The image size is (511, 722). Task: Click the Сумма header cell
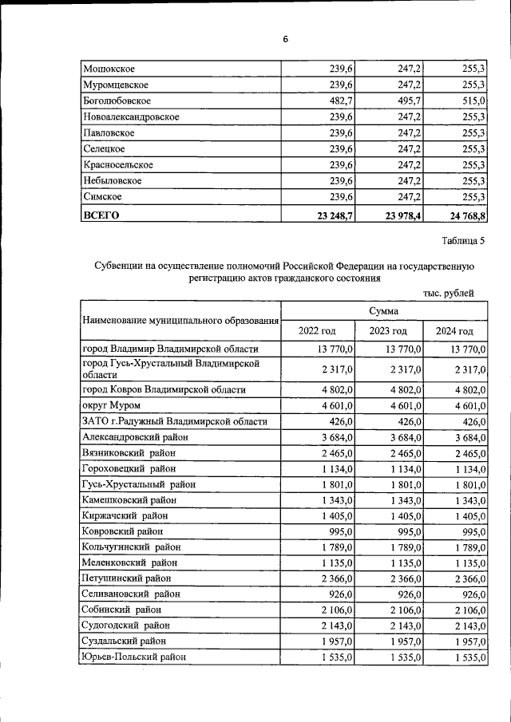(383, 310)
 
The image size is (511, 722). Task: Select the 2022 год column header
(317, 331)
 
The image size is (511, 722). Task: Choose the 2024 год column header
(454, 331)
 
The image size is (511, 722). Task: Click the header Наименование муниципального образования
(180, 321)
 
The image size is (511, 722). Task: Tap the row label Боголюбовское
(117, 101)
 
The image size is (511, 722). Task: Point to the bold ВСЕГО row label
(101, 215)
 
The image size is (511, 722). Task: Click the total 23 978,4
(396, 215)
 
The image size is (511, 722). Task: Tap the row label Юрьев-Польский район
(134, 657)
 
